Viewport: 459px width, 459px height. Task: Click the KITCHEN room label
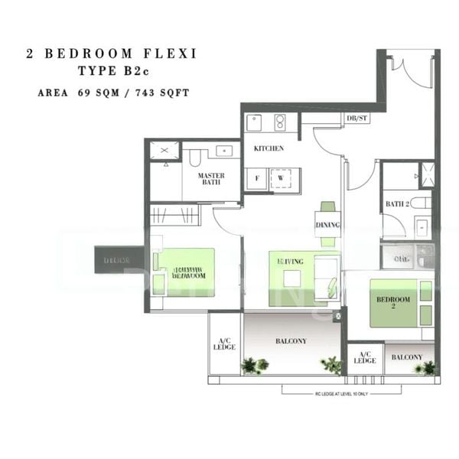[269, 148]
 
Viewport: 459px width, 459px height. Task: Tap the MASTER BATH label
[210, 180]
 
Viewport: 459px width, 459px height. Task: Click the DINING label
[327, 224]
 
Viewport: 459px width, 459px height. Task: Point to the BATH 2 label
[397, 204]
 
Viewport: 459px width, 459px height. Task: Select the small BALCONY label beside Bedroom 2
[406, 357]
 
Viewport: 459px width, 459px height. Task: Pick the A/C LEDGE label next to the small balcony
[365, 357]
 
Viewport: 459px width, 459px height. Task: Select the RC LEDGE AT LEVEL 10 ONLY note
[341, 390]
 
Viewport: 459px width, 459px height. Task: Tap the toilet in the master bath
[195, 158]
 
